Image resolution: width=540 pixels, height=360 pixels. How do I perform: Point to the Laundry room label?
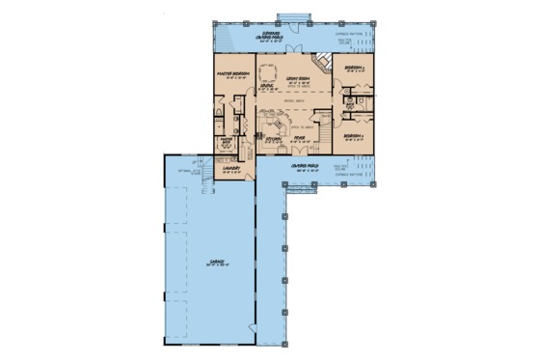231,167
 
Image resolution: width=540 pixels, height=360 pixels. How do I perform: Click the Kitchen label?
274,139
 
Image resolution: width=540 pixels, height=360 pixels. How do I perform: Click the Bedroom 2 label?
354,69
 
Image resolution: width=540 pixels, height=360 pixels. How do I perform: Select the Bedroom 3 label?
354,136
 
